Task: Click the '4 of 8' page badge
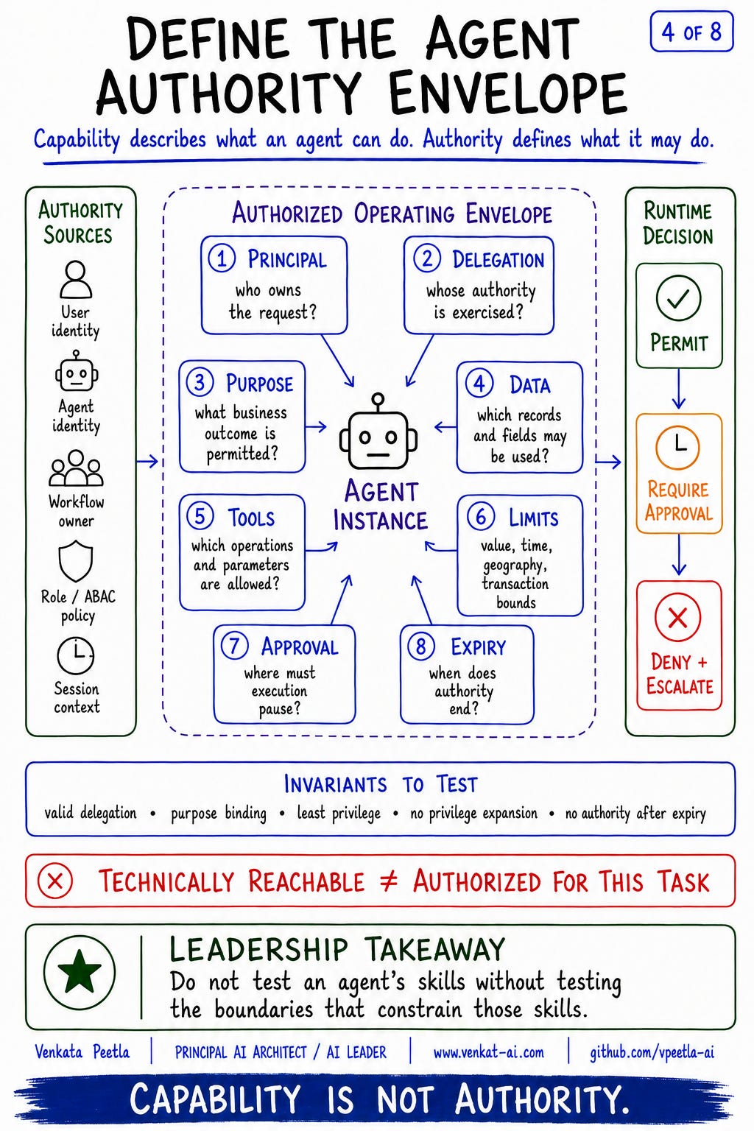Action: (x=691, y=32)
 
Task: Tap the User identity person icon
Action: (x=76, y=280)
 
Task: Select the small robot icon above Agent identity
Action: (x=77, y=371)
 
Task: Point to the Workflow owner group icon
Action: (x=76, y=468)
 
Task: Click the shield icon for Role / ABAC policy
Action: (x=76, y=560)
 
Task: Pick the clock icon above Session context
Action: (x=76, y=655)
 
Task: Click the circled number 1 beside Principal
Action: (x=222, y=258)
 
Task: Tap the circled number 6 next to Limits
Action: (x=480, y=516)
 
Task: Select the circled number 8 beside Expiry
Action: (x=420, y=646)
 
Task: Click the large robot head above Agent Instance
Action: (x=378, y=431)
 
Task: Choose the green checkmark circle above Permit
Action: (x=678, y=298)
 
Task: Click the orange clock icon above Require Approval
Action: (x=677, y=447)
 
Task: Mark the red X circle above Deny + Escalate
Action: (x=677, y=617)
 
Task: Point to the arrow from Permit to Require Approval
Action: (x=678, y=388)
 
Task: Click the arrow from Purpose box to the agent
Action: (x=316, y=426)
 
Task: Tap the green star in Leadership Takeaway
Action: (x=80, y=971)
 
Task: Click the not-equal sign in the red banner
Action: (x=388, y=881)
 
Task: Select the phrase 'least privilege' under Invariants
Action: (x=339, y=812)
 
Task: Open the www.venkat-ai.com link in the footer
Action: (x=488, y=1052)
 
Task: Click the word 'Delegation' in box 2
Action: (x=498, y=259)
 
